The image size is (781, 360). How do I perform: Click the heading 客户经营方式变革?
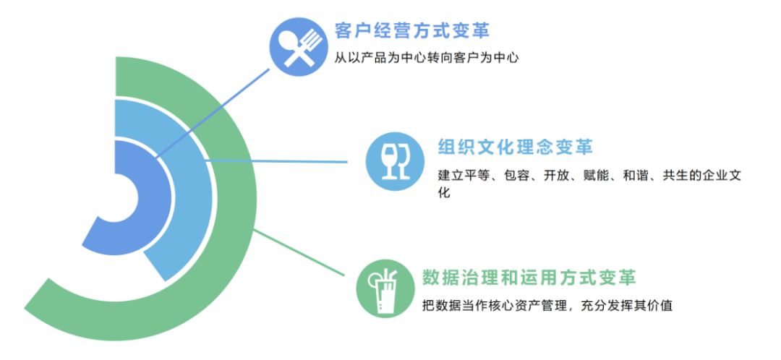[x=412, y=30]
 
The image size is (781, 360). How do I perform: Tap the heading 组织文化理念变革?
[x=515, y=147]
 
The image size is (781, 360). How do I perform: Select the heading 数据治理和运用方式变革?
[x=529, y=278]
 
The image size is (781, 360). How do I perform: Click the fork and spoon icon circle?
[x=299, y=47]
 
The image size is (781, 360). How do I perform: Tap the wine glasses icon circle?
[x=395, y=161]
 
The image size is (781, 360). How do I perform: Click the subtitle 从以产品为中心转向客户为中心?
[x=427, y=58]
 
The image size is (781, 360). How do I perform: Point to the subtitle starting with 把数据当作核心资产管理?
[x=547, y=305]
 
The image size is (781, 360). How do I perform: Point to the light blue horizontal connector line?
[x=276, y=161]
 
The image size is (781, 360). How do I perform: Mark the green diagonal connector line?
[x=299, y=252]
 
